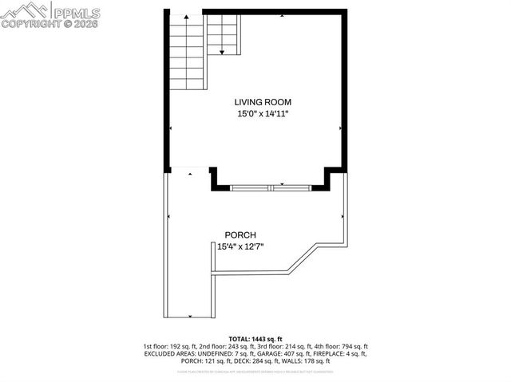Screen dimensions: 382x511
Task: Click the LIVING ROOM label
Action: click(x=262, y=102)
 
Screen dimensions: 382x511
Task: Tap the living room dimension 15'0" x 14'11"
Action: click(x=262, y=114)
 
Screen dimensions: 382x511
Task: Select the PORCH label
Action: click(x=240, y=234)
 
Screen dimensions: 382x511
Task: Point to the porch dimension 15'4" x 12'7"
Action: click(x=240, y=246)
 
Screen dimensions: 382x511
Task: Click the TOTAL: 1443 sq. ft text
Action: click(x=255, y=338)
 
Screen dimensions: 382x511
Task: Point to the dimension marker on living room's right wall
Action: click(x=342, y=128)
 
